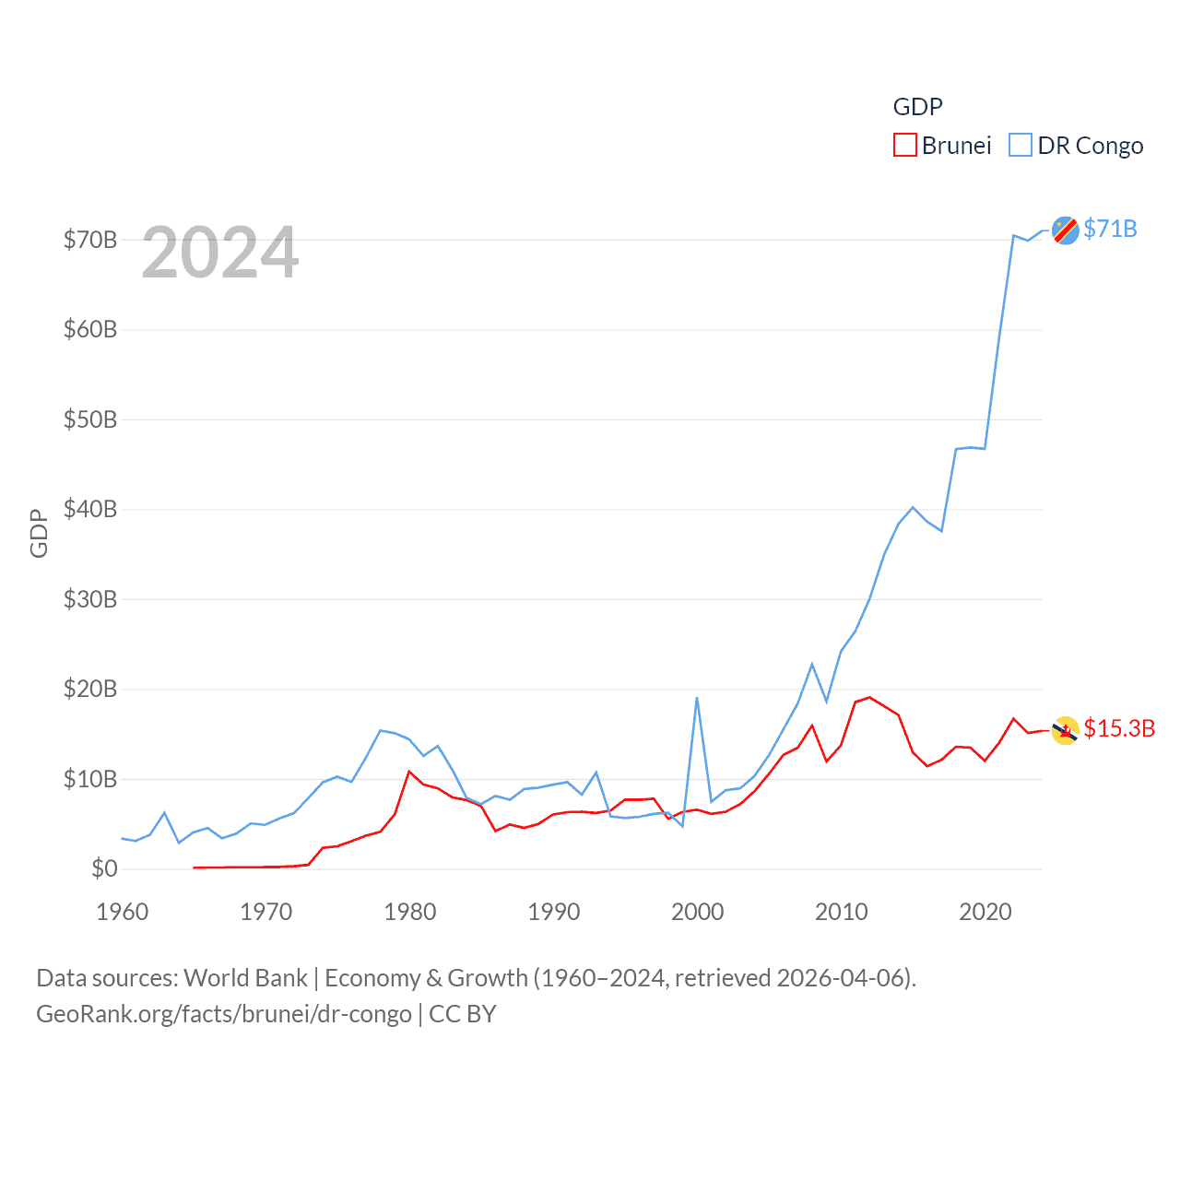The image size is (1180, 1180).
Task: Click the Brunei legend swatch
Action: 904,146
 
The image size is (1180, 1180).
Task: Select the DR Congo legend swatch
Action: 1020,146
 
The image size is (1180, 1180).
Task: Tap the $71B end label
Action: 1110,229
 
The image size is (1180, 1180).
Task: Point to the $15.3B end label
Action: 1119,728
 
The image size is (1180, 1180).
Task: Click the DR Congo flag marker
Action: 1066,230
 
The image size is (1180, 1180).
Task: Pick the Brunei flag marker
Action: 1066,730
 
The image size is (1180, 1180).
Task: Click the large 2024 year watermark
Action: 220,253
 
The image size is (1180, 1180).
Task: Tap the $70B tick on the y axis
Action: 90,241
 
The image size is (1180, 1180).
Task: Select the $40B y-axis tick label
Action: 90,510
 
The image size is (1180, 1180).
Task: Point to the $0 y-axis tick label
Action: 104,869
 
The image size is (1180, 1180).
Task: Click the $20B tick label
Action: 90,690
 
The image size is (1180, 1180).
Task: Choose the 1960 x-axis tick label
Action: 123,913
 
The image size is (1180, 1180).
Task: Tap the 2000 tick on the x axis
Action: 698,913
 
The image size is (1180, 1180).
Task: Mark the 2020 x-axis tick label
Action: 985,913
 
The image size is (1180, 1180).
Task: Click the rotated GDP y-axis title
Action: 39,533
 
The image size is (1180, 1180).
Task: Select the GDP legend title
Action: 917,107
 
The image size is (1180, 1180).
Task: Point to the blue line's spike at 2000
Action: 697,698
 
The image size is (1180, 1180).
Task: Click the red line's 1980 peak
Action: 409,772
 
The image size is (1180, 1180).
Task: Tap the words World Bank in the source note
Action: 245,978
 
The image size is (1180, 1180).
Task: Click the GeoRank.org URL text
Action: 223,1014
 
